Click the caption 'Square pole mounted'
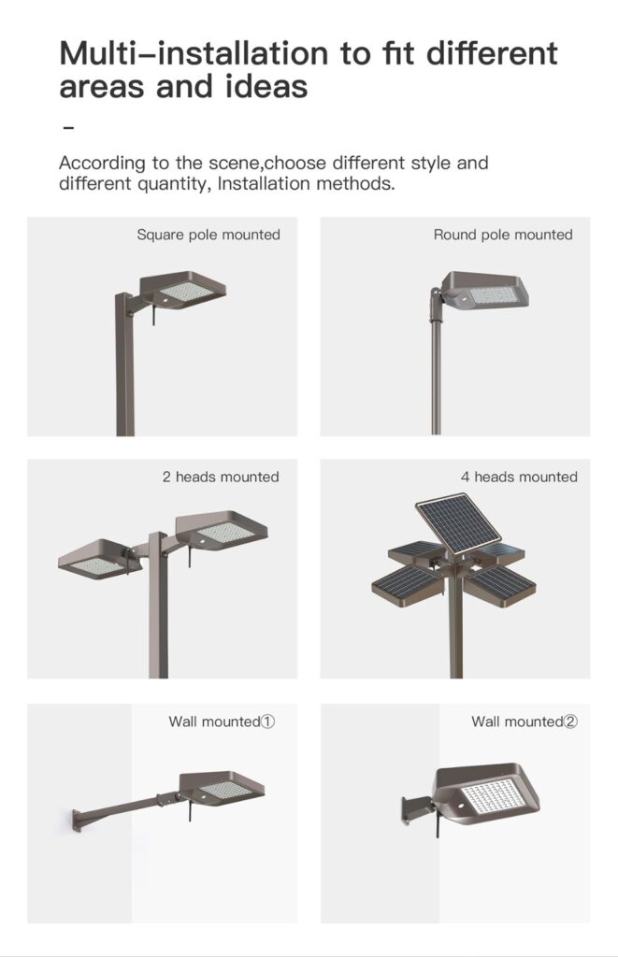(x=208, y=235)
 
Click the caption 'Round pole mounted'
(x=503, y=235)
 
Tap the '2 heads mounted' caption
(x=221, y=477)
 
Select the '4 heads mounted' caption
(x=519, y=477)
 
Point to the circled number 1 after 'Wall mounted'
(x=267, y=721)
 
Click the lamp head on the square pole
(x=183, y=292)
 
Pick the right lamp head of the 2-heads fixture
(x=223, y=530)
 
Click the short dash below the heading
(x=66, y=125)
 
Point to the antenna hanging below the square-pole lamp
(x=151, y=317)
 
